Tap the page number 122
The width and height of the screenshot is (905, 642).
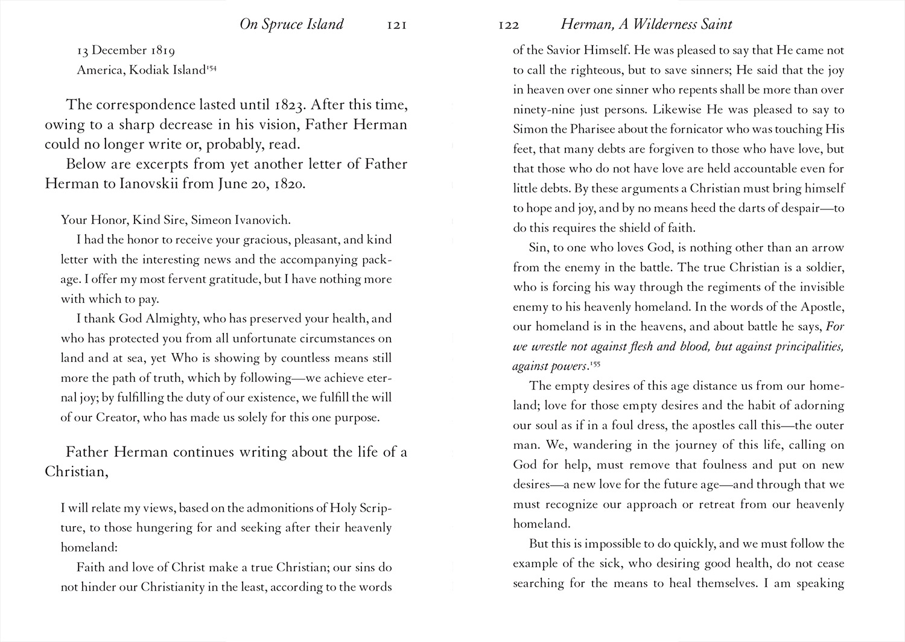509,25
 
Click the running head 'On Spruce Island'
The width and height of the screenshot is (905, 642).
291,24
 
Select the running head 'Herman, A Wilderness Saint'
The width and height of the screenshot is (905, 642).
646,24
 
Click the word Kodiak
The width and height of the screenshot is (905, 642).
147,71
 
